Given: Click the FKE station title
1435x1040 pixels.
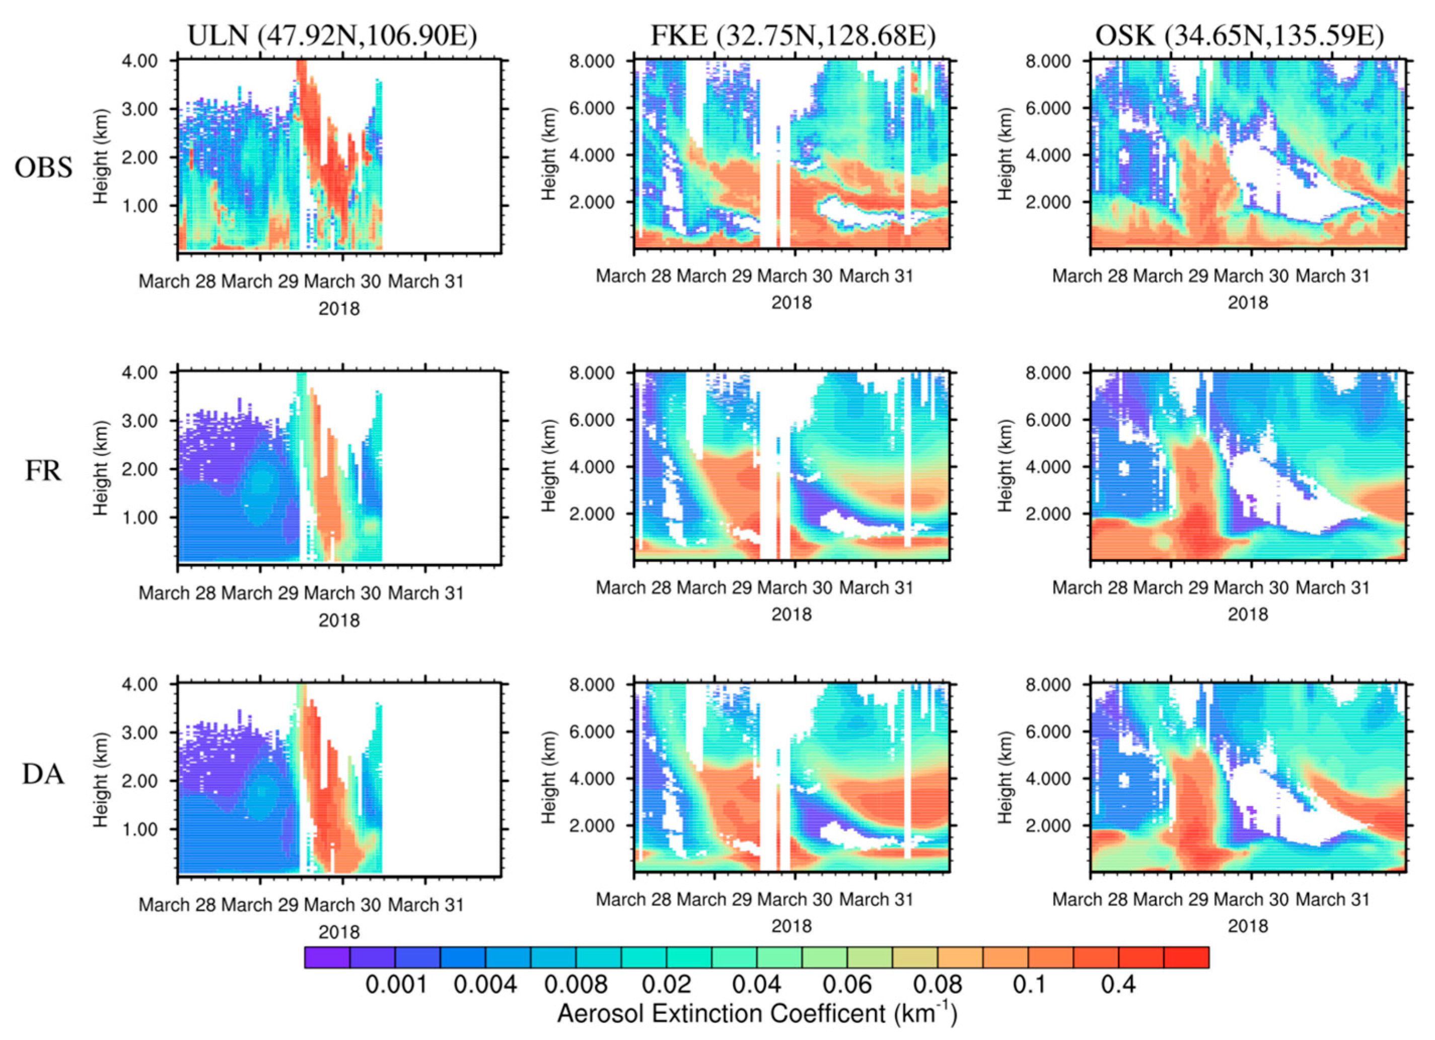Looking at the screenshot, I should tap(793, 36).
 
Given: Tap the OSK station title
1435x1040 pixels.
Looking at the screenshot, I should tap(1240, 36).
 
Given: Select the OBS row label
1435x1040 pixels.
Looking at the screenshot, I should tap(43, 168).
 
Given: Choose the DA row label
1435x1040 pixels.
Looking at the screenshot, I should tap(43, 774).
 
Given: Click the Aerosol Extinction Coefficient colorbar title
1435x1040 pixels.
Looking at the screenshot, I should tap(757, 1014).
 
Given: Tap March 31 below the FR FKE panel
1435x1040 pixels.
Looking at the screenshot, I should tap(876, 588).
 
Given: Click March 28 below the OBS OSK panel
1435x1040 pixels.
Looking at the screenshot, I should tap(1090, 276).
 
